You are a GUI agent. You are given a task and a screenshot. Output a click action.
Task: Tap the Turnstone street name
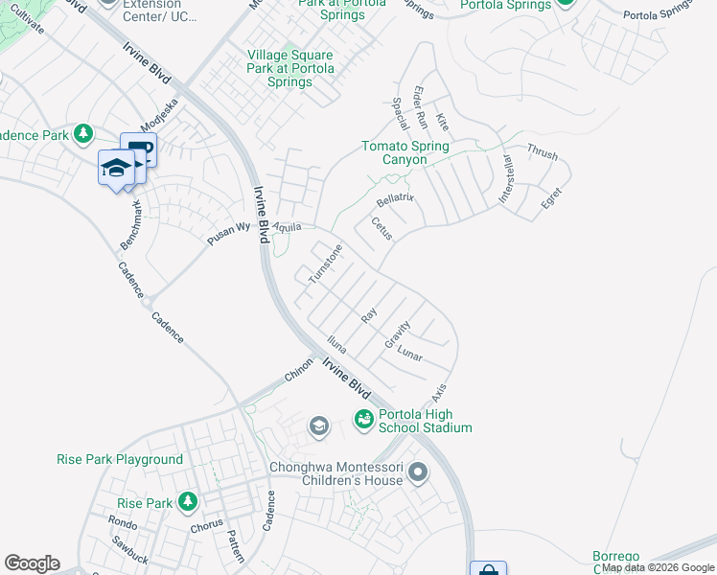click(x=325, y=264)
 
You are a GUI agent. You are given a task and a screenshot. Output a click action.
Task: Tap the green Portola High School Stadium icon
click(x=364, y=418)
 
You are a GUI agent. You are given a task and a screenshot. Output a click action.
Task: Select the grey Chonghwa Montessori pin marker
click(x=417, y=471)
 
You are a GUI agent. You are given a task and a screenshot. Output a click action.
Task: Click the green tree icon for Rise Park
click(x=188, y=501)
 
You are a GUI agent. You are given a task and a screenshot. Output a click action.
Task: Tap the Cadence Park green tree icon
click(x=84, y=133)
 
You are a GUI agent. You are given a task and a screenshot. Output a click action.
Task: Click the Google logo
click(x=32, y=563)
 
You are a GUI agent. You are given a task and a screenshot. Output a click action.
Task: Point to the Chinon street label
click(x=298, y=371)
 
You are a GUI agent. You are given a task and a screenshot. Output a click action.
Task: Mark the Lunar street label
click(x=409, y=354)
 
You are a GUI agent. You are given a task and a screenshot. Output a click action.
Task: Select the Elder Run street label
click(x=420, y=107)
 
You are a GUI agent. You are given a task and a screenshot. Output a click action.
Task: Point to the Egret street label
click(x=551, y=198)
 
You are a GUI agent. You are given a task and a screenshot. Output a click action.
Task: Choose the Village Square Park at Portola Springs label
click(x=290, y=68)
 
